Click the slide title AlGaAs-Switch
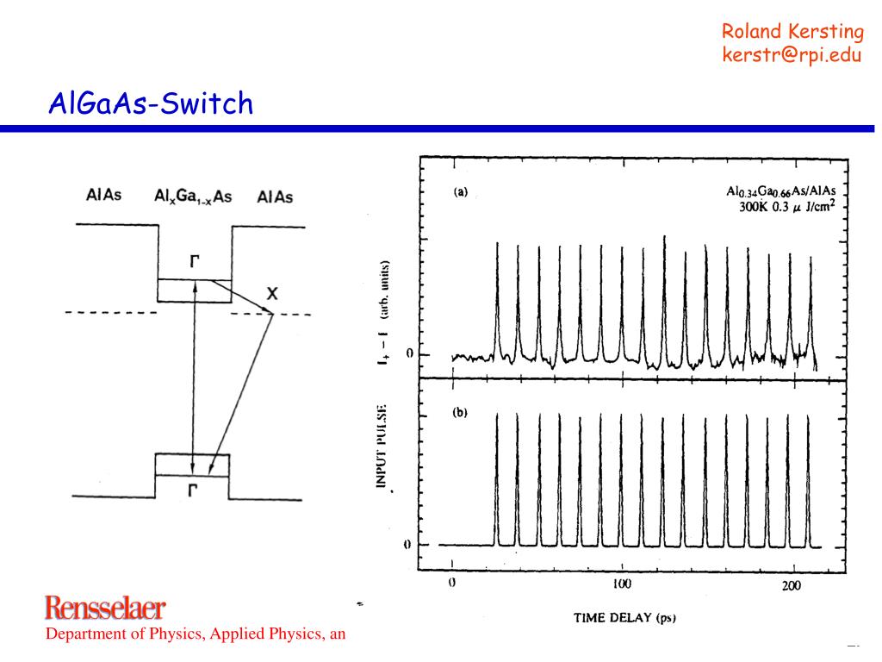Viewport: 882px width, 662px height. tap(151, 104)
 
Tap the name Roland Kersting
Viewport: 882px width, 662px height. tap(792, 32)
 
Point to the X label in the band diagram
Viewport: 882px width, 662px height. tap(271, 294)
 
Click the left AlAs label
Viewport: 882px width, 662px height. tap(104, 195)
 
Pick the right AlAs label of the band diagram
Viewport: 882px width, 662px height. tap(275, 197)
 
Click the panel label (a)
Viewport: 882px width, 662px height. tap(461, 193)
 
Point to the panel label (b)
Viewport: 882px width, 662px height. tap(461, 413)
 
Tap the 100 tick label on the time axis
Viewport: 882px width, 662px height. tap(621, 584)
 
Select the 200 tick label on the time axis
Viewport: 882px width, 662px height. tap(791, 585)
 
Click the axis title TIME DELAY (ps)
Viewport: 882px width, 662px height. tap(630, 618)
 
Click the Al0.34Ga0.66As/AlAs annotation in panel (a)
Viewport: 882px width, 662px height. tap(781, 190)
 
